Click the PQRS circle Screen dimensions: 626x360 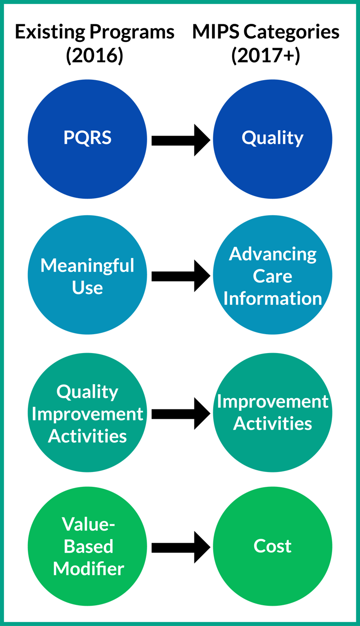pos(87,139)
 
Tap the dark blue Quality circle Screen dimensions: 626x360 pos(272,139)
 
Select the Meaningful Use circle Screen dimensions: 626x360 pos(87,275)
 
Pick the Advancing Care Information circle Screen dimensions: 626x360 pos(272,275)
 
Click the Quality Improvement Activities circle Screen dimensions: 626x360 pos(87,413)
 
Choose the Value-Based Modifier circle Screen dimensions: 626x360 pos(87,546)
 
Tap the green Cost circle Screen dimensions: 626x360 pos(272,546)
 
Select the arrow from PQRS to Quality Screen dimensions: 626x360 pos(180,140)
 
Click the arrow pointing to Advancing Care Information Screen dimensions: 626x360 pos(180,276)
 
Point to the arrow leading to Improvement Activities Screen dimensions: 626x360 pos(180,413)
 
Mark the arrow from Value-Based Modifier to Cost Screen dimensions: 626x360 pos(180,547)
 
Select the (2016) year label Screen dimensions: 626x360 pos(94,57)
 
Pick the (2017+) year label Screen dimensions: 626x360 pos(265,57)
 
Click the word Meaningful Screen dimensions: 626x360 pos(87,265)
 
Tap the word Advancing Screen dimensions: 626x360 pos(273,254)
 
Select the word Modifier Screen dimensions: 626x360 pos(88,568)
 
